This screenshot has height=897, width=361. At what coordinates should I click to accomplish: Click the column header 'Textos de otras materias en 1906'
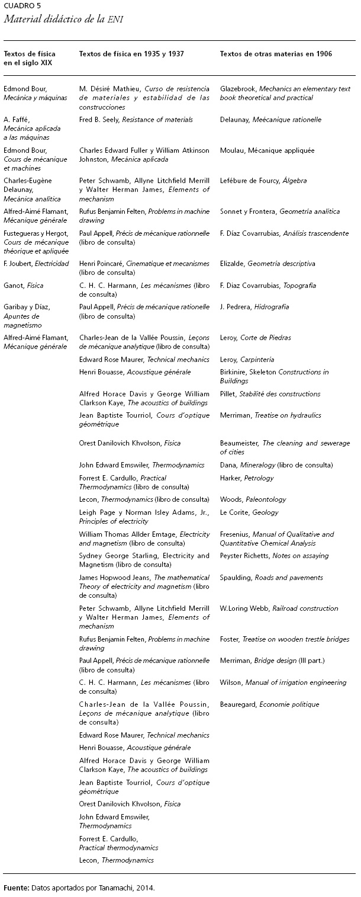pos(276,54)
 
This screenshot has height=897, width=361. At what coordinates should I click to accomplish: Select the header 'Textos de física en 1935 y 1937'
pos(131,54)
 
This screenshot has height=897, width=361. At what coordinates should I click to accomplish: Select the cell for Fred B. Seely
pos(136,120)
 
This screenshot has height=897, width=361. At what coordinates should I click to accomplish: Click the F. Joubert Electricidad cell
pos(36,264)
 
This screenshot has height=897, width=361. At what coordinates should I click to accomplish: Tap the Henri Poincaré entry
pos(144,268)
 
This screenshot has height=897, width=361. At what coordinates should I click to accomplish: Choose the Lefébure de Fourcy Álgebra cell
pos(265,181)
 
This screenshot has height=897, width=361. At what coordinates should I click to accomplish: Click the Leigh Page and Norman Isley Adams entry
pos(144,517)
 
